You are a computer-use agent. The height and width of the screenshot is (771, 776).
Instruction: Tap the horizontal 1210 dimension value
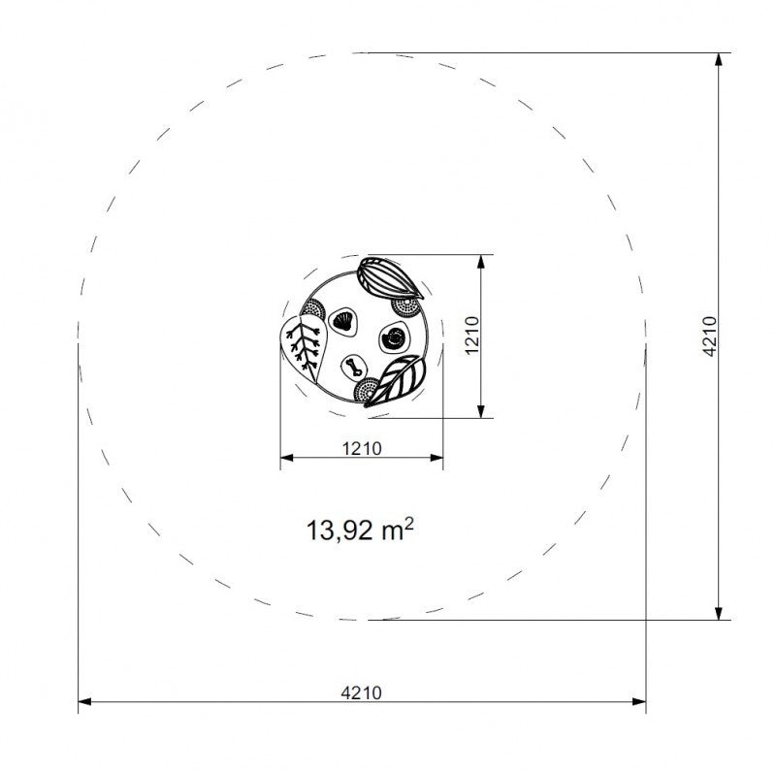pyautogui.click(x=361, y=448)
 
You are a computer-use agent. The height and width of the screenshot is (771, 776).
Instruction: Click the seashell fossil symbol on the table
pyautogui.click(x=342, y=320)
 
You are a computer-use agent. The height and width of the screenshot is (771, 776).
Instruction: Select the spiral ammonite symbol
pyautogui.click(x=395, y=337)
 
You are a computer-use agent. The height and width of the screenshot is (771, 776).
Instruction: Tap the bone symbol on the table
pyautogui.click(x=354, y=366)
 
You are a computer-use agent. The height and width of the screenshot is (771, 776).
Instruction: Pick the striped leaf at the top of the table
pyautogui.click(x=388, y=279)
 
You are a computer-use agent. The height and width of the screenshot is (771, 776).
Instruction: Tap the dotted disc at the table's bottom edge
pyautogui.click(x=368, y=390)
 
